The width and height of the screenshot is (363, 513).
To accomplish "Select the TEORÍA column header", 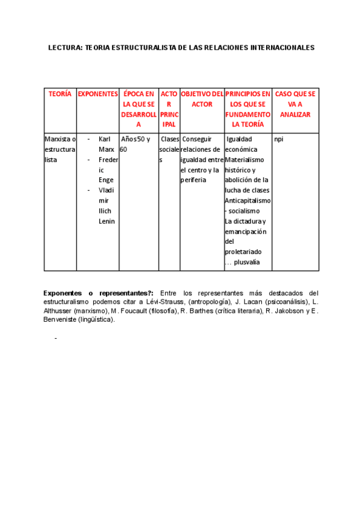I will click(x=60, y=94).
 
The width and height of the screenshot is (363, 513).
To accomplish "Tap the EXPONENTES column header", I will click(x=98, y=94).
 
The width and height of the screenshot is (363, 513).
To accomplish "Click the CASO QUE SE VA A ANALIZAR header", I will click(x=295, y=104).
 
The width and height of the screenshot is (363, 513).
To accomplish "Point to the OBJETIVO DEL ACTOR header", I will click(x=202, y=99).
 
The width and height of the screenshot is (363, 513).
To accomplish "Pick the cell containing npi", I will click(x=278, y=139).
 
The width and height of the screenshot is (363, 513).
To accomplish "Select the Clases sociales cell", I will click(x=169, y=149).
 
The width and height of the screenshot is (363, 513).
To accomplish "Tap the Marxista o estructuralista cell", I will click(x=60, y=149).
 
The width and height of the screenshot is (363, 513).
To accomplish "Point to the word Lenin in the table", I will click(x=106, y=221).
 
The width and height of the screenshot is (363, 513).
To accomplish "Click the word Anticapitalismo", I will click(x=247, y=201).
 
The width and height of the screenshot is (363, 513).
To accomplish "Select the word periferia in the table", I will click(x=193, y=180).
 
